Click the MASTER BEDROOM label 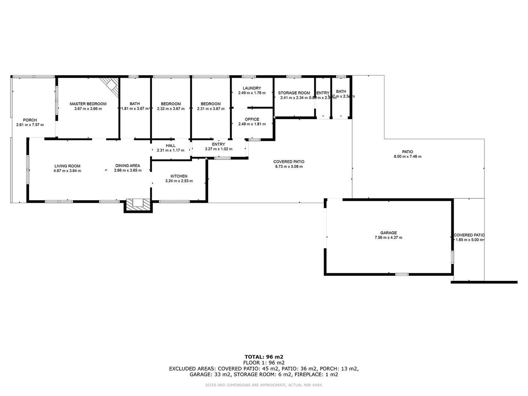click(x=88, y=104)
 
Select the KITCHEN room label click(x=179, y=176)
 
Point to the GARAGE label click(x=388, y=233)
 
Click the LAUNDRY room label click(x=252, y=88)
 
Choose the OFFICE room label click(x=252, y=119)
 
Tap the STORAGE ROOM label click(x=294, y=93)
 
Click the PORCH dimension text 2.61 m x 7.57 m click(x=30, y=125)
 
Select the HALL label click(x=170, y=146)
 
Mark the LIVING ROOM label click(x=67, y=166)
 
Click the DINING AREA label click(x=128, y=166)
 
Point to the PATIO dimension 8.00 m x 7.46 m click(x=407, y=157)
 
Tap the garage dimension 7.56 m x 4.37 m click(x=388, y=238)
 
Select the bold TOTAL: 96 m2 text click(x=264, y=356)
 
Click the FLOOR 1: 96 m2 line click(x=264, y=363)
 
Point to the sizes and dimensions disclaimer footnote click(x=264, y=385)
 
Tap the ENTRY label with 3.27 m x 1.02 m click(x=219, y=144)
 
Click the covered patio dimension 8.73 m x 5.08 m click(x=289, y=166)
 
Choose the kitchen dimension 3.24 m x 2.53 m click(x=179, y=181)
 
